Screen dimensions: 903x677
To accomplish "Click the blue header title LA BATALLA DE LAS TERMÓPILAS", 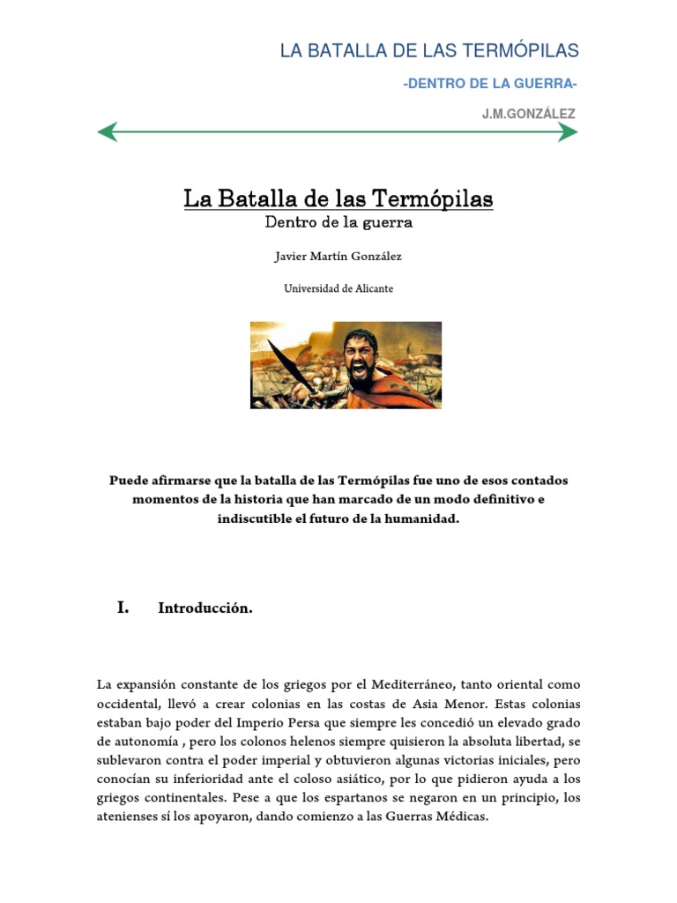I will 429,50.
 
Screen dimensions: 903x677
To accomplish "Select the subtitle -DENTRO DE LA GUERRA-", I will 489,84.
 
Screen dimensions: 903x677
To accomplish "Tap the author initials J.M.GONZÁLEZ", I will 528,114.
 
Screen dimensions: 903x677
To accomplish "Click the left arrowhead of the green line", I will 108,133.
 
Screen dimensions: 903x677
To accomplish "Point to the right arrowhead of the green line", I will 569,133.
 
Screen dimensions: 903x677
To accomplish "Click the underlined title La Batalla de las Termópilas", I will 338,199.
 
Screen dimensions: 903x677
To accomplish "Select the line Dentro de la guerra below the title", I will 338,223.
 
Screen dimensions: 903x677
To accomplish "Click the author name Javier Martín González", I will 338,257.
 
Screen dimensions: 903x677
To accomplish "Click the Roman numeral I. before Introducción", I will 123,608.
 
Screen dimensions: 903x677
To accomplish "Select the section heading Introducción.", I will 205,608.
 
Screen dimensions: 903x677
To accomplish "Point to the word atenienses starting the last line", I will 131,817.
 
